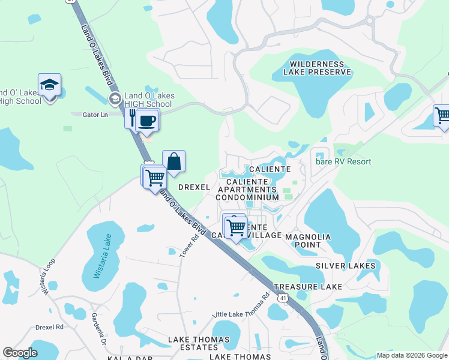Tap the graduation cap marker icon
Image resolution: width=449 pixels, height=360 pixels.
(49, 86)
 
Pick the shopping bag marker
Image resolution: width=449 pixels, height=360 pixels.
(173, 161)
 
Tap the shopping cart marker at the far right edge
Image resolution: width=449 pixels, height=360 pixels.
(442, 115)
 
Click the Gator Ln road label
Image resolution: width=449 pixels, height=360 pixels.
(95, 114)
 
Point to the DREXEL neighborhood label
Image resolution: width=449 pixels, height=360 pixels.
(194, 187)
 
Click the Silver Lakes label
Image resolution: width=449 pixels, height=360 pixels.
(345, 265)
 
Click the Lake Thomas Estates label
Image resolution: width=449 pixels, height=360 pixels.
(198, 343)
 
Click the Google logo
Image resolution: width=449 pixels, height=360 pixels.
(20, 353)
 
